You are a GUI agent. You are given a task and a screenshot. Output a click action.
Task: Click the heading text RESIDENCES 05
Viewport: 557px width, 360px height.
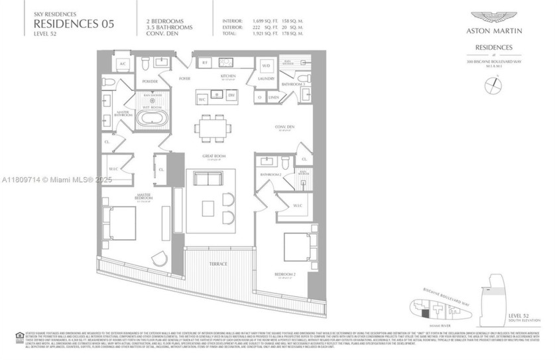pos(74,24)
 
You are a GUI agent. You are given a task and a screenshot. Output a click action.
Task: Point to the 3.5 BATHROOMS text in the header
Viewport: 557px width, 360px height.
pos(169,27)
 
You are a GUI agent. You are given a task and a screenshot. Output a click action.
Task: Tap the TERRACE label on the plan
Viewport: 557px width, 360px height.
pos(218,264)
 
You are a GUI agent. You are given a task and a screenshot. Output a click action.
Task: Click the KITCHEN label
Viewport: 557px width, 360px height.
pos(219,77)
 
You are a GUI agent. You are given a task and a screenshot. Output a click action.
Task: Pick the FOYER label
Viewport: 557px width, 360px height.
pos(184,78)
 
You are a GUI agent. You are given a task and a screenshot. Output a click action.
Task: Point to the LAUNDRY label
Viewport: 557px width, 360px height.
pos(267,78)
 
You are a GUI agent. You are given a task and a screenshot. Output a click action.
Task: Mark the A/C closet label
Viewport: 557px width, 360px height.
pos(122,64)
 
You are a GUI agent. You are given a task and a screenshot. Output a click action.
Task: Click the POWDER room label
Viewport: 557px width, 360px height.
pos(150,82)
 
